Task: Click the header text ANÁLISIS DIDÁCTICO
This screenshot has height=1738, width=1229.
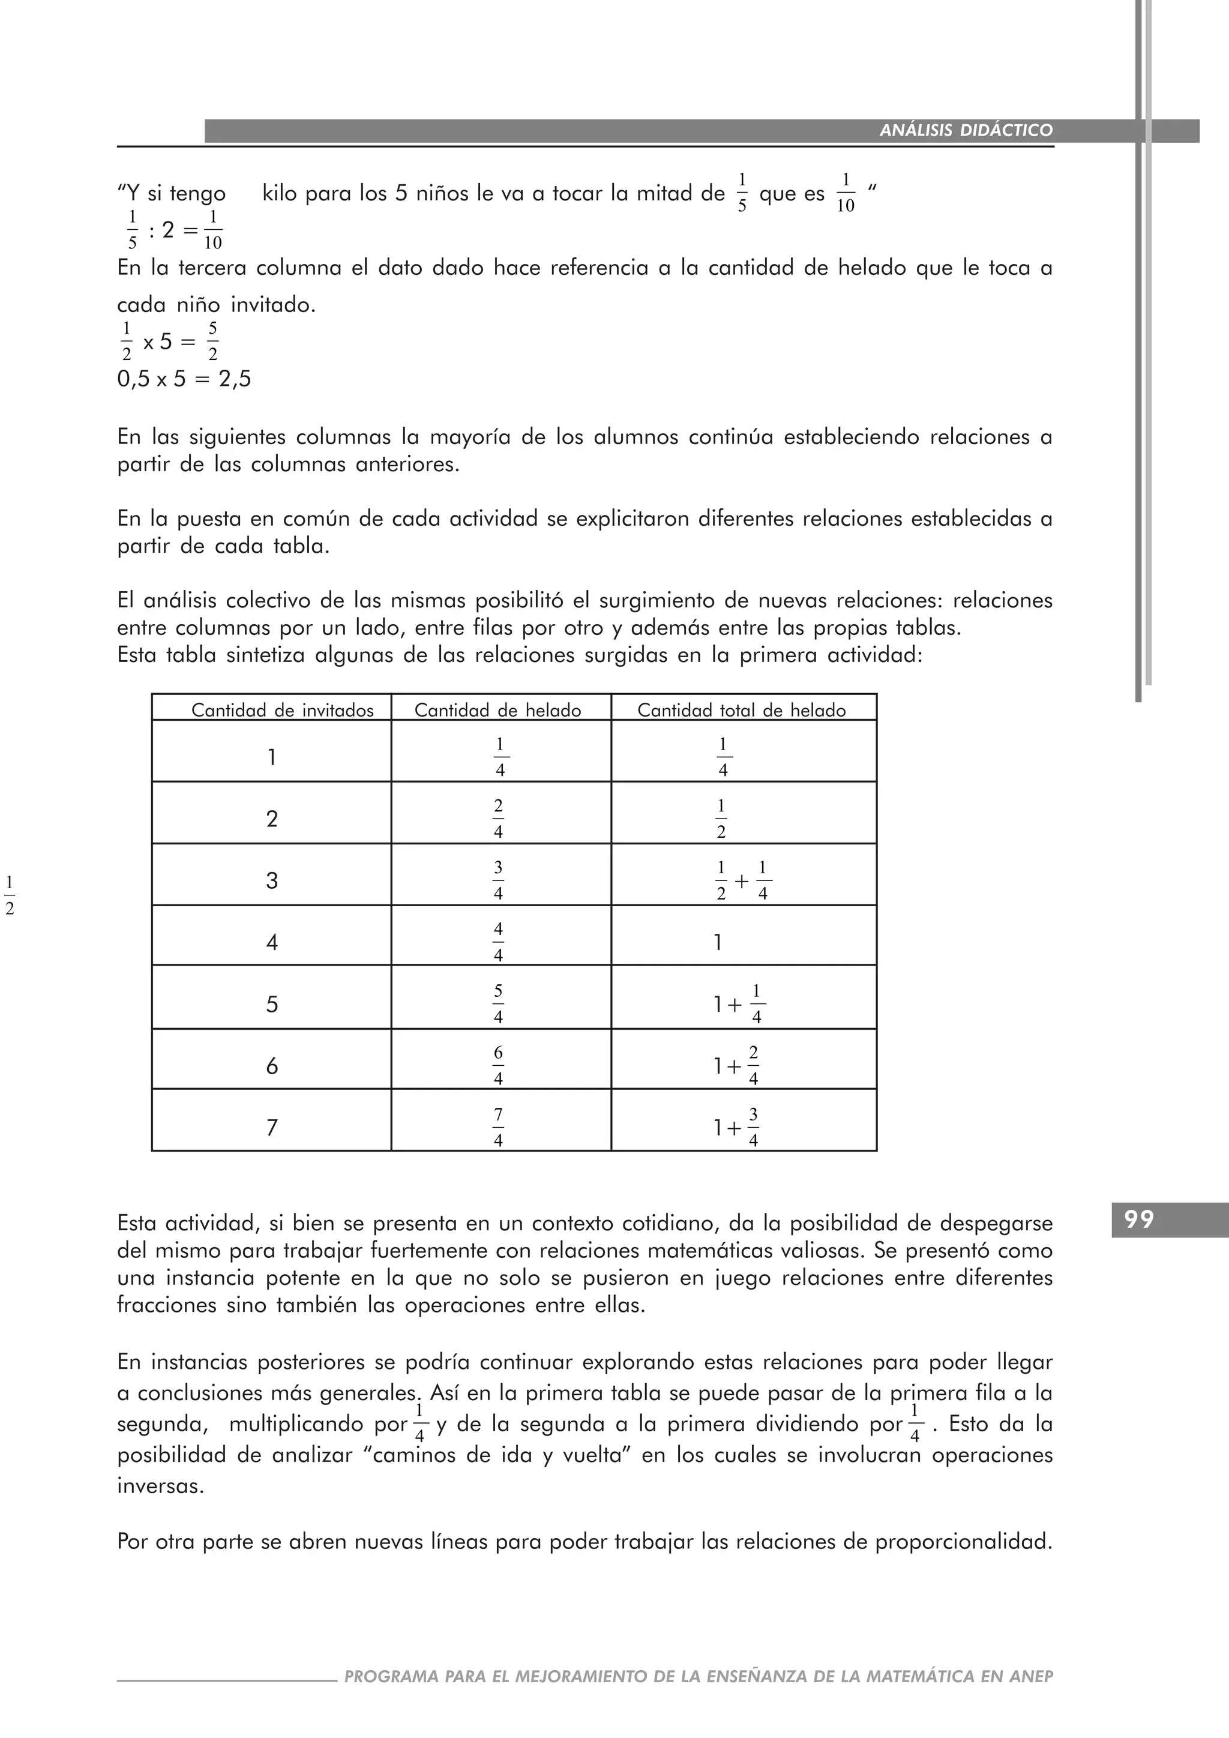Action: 966,130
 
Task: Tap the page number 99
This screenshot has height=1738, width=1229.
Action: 1139,1219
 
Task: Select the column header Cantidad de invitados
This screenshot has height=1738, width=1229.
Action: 282,710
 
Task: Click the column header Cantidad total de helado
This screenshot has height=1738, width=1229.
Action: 741,710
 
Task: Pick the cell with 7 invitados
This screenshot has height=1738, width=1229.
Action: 272,1128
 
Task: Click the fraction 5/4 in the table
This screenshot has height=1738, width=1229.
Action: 498,1004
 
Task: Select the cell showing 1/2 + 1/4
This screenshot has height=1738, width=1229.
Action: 742,880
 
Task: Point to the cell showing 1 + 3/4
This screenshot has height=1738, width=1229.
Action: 736,1128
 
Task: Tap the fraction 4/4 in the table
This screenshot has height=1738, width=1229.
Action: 498,942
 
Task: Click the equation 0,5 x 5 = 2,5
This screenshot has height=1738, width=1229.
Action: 184,379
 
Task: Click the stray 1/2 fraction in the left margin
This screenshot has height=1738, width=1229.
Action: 10,895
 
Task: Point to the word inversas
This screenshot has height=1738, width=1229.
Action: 160,1485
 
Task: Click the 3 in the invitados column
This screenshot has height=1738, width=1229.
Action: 272,880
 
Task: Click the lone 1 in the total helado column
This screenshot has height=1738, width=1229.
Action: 718,942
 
